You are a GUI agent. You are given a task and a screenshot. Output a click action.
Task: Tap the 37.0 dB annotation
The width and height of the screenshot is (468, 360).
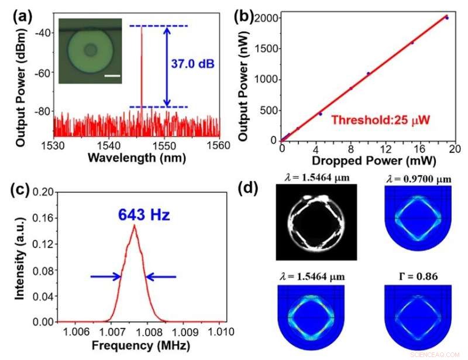tap(198, 64)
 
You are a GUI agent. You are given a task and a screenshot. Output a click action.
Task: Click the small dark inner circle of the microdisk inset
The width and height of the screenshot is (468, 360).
tap(90, 51)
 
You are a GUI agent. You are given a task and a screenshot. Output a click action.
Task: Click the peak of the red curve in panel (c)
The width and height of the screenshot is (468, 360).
tap(135, 226)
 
